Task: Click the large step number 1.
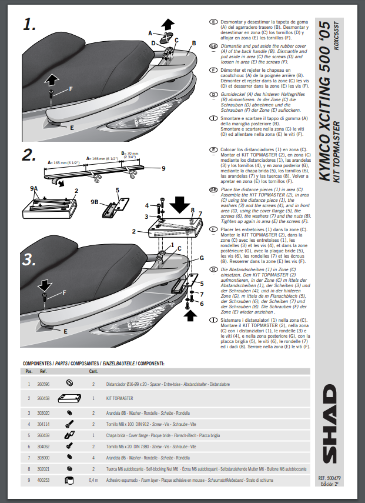(31, 24)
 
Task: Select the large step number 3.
(31, 258)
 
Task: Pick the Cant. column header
(93, 371)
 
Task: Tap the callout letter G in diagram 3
(201, 258)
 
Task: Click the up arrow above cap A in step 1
(169, 25)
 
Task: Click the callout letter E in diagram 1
(71, 126)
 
